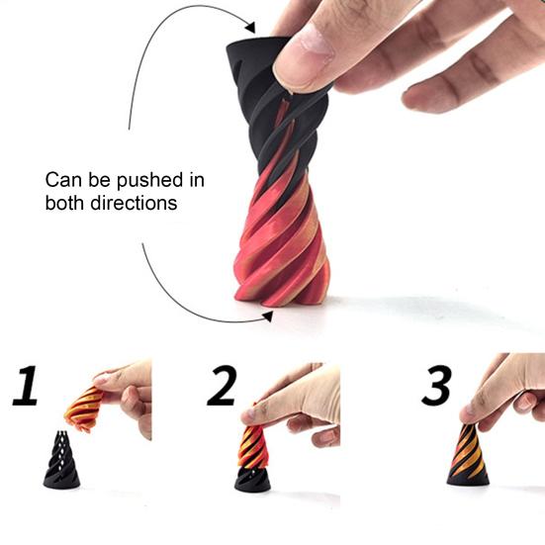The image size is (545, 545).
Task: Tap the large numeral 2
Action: click(223, 387)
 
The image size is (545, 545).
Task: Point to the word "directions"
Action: click(135, 203)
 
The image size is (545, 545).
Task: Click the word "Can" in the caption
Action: click(61, 181)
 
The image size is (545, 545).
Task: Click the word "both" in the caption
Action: click(63, 203)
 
